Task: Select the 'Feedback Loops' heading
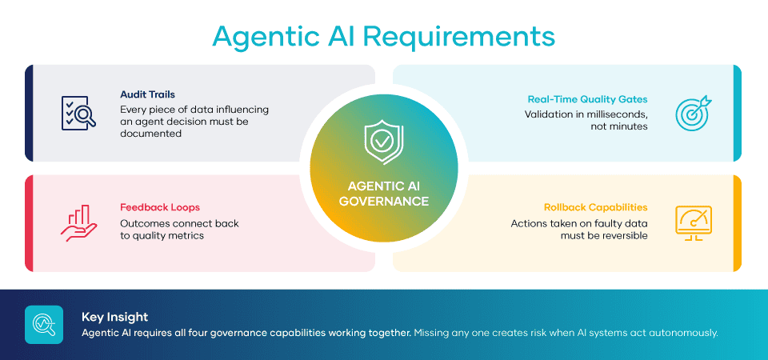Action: [160, 207]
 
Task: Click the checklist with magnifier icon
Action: [78, 113]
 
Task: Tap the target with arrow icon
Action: [693, 113]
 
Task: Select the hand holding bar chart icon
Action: [79, 223]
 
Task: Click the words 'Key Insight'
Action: [114, 318]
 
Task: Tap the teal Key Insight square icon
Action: [44, 324]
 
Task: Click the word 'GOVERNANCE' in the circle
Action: [383, 202]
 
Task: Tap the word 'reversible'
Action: [624, 235]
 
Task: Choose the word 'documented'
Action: [151, 133]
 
